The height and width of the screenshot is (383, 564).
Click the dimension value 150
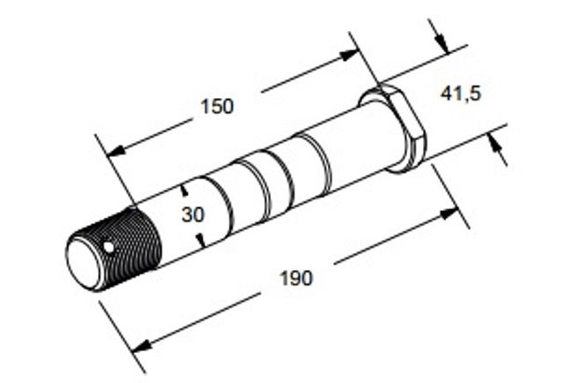(217, 107)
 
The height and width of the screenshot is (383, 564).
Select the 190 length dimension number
(296, 278)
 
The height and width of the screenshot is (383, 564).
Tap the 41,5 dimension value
(461, 94)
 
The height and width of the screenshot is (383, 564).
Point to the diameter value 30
(193, 214)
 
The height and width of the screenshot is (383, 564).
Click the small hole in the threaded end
(108, 247)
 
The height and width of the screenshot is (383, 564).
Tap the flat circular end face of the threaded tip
(84, 263)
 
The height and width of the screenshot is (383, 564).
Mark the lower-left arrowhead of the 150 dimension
(115, 150)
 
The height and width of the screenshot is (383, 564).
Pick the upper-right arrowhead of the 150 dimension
(349, 55)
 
